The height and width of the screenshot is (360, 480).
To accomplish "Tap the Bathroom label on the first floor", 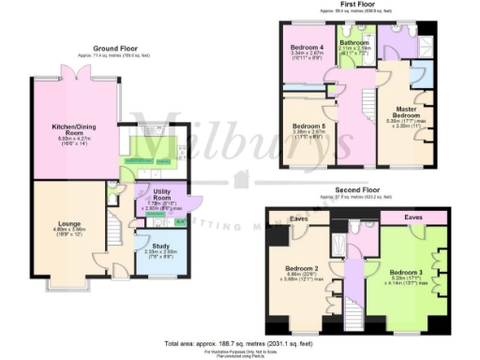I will point(354,43).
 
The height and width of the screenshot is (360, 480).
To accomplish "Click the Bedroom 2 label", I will point(304,270).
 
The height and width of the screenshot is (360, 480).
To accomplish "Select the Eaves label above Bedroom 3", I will point(413,217).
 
